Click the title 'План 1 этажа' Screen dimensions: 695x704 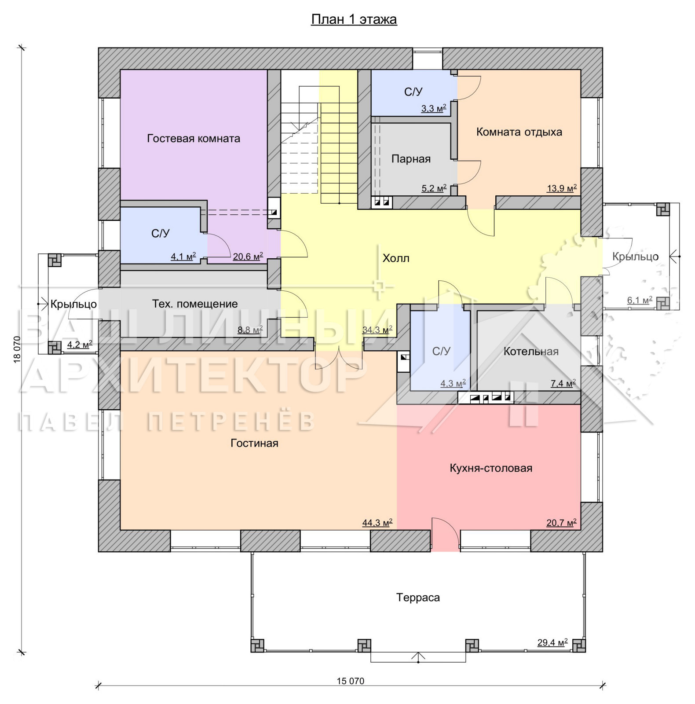click(354, 19)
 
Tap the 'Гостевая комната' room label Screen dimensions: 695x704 click(194, 138)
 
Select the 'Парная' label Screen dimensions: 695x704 click(411, 159)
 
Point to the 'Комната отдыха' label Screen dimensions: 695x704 click(519, 132)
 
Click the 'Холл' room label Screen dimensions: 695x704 click(396, 258)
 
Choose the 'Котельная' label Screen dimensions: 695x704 click(531, 352)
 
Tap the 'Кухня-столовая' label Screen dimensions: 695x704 click(491, 468)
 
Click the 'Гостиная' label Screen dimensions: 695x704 click(254, 443)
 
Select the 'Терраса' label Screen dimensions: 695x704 click(418, 598)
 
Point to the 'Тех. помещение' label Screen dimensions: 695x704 click(195, 304)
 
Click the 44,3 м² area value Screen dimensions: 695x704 click(377, 523)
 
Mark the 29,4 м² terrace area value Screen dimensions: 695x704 click(552, 642)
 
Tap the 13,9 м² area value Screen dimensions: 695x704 click(562, 188)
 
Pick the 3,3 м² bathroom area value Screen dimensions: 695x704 click(434, 108)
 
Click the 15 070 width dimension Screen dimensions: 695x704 click(351, 681)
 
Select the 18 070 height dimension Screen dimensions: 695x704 click(17, 350)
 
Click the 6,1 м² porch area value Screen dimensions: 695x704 click(640, 300)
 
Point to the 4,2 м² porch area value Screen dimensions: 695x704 click(80, 344)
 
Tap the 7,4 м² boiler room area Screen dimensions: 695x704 click(563, 384)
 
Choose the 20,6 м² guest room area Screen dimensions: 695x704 click(248, 256)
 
